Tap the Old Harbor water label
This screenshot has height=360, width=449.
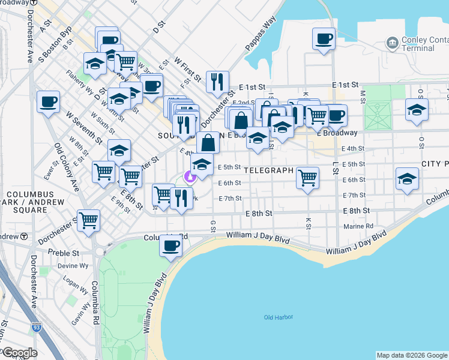(277, 317)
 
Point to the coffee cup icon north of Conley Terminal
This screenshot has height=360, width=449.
(324, 40)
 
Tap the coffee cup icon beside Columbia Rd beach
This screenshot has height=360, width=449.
(171, 245)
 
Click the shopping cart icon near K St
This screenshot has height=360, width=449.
(307, 177)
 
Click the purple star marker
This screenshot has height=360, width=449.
(190, 176)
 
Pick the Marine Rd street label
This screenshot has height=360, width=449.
(359, 226)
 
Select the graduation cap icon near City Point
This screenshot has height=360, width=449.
(407, 179)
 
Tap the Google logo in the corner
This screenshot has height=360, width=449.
(19, 353)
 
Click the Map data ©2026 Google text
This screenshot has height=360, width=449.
(412, 355)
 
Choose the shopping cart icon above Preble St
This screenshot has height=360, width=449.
(89, 220)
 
